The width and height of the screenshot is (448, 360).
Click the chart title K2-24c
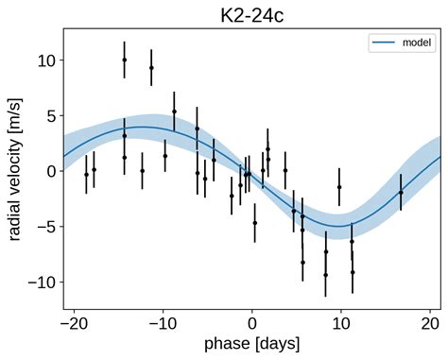click(x=252, y=13)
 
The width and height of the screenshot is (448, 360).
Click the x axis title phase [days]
click(x=252, y=345)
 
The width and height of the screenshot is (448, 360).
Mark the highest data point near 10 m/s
click(x=125, y=60)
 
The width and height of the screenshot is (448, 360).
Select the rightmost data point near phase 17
click(x=401, y=193)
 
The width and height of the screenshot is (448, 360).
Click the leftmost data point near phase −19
click(x=86, y=175)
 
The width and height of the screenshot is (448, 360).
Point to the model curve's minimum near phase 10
click(x=339, y=226)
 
